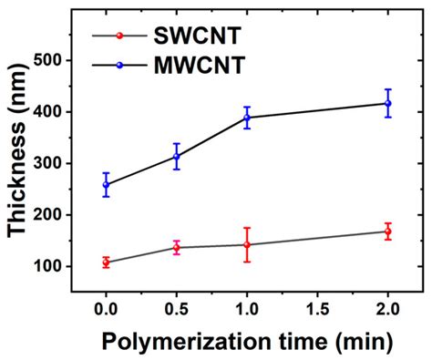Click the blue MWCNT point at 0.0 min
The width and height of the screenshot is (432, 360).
click(x=107, y=185)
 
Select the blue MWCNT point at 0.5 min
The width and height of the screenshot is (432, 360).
click(x=177, y=157)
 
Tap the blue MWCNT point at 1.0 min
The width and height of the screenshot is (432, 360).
click(x=247, y=118)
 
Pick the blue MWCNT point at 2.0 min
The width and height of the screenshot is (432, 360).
click(x=388, y=103)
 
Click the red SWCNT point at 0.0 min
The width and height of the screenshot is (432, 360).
click(x=107, y=262)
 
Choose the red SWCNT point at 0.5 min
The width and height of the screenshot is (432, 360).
click(x=177, y=247)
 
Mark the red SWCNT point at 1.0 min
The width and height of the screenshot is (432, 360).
click(x=247, y=244)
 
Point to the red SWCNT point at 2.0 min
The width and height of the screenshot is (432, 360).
click(x=388, y=231)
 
